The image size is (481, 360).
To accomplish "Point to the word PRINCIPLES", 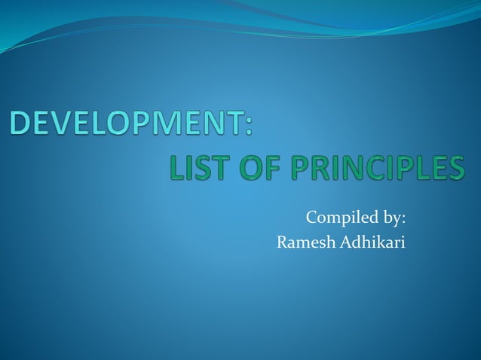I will pyautogui.click(x=376, y=167).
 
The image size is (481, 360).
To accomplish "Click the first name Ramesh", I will pyautogui.click(x=302, y=242).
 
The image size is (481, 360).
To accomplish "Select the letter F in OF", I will pyautogui.click(x=271, y=167).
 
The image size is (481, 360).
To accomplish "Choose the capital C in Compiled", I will pyautogui.click(x=311, y=218).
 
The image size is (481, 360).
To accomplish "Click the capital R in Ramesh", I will pyautogui.click(x=283, y=242).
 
